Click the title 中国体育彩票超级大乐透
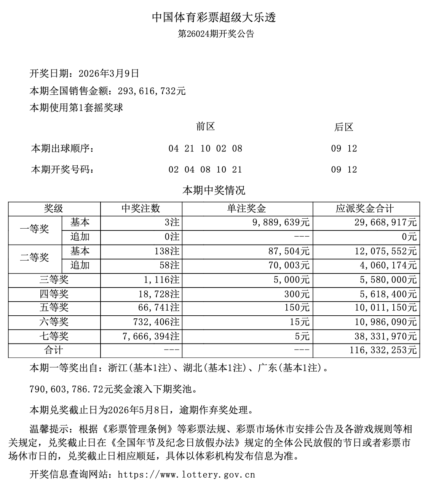pyautogui.click(x=214, y=17)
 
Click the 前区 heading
pyautogui.click(x=205, y=127)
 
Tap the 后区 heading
pyautogui.click(x=344, y=127)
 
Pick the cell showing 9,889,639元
pyautogui.click(x=281, y=222)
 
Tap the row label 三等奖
pyautogui.click(x=54, y=280)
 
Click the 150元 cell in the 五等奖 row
pyautogui.click(x=297, y=308)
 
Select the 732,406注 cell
pyautogui.click(x=156, y=322)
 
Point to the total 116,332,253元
pyautogui.click(x=383, y=350)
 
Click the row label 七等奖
pyautogui.click(x=54, y=336)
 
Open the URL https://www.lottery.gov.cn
pyautogui.click(x=186, y=475)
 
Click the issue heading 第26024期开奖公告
pyautogui.click(x=216, y=34)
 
